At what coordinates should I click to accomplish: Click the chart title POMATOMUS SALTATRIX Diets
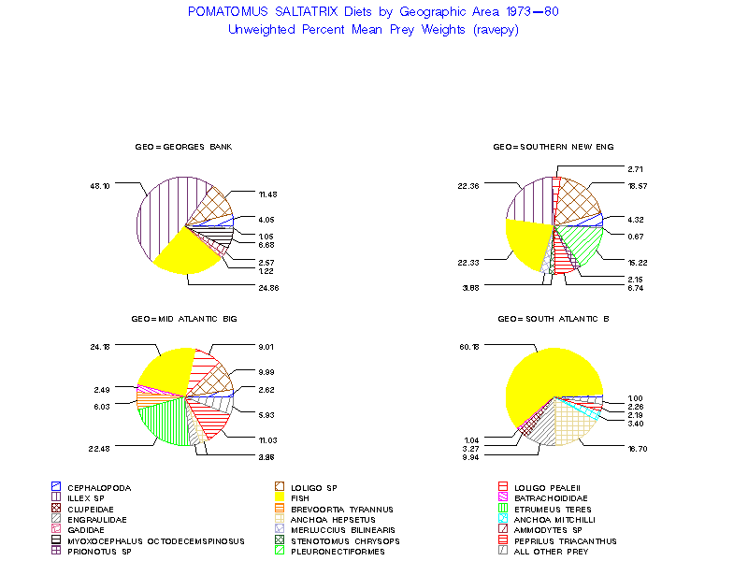[373, 12]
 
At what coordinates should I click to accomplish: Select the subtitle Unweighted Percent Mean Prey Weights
[373, 29]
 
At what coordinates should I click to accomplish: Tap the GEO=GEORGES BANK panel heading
[183, 148]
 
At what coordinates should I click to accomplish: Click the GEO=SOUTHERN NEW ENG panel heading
[554, 148]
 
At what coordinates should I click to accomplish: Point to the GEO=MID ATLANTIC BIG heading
[185, 319]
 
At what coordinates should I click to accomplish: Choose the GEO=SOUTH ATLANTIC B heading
[554, 319]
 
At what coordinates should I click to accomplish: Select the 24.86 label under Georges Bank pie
[268, 287]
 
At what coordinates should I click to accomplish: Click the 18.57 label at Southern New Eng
[638, 186]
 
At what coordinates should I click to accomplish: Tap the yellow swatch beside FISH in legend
[280, 498]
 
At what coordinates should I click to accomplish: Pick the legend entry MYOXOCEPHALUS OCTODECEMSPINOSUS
[155, 540]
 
